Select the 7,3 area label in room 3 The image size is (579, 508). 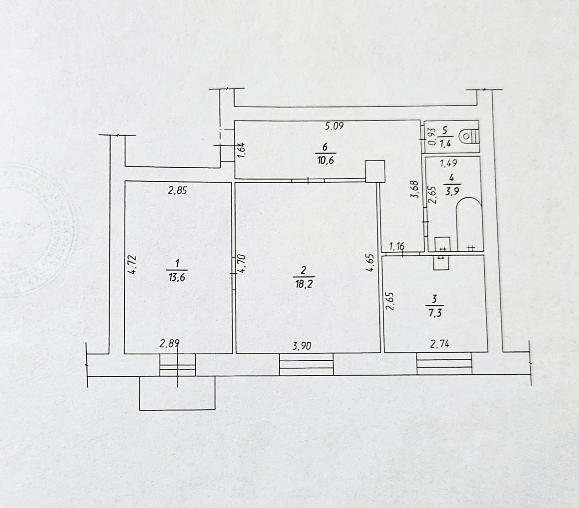[x=434, y=313]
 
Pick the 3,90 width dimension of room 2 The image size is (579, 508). [x=302, y=346]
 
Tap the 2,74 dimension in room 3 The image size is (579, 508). [x=439, y=344]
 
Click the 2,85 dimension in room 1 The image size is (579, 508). [x=177, y=190]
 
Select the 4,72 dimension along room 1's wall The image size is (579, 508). [x=133, y=265]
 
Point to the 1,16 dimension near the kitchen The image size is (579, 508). [x=397, y=247]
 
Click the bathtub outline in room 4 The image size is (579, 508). [x=469, y=223]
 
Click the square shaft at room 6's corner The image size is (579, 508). [x=375, y=171]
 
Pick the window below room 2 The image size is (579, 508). [x=306, y=364]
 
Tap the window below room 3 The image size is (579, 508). [x=444, y=363]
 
